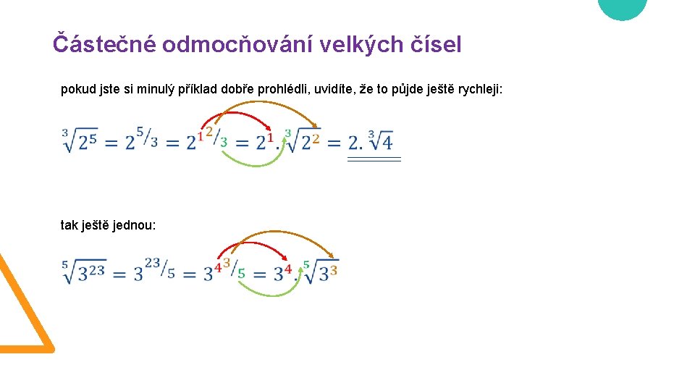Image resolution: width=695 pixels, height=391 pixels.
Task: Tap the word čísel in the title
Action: click(x=436, y=44)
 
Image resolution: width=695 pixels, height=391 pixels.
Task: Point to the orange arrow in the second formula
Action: click(x=282, y=235)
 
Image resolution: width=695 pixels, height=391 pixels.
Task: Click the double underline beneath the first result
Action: click(x=374, y=159)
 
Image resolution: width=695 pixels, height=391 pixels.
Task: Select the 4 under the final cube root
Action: click(x=387, y=142)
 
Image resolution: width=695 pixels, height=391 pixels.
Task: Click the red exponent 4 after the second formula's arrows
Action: click(x=288, y=269)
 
